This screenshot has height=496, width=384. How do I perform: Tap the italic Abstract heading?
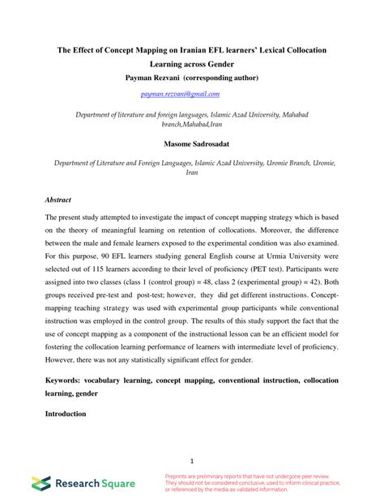[58, 199]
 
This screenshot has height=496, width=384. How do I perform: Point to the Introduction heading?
[66, 413]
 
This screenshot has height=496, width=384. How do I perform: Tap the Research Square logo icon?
[41, 483]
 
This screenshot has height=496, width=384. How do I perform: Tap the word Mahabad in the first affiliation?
[295, 115]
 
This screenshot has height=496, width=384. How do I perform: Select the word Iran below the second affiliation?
[192, 172]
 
